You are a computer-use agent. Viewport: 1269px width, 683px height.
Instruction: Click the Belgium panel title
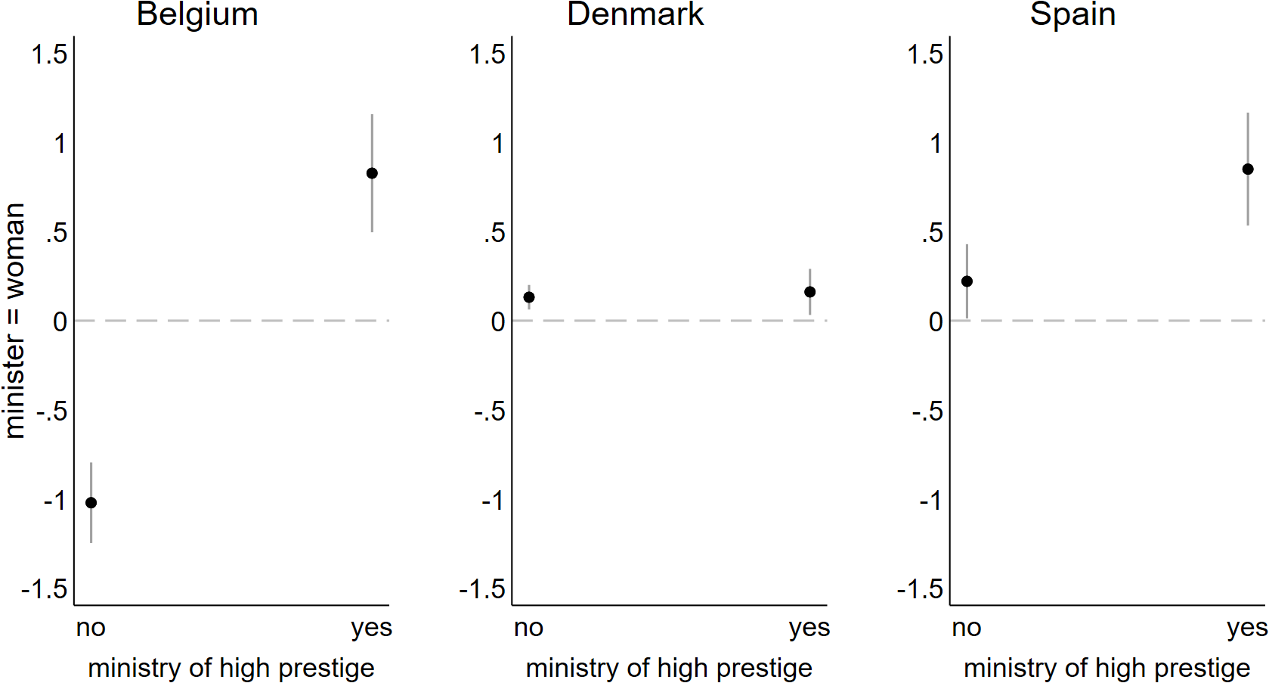point(197,15)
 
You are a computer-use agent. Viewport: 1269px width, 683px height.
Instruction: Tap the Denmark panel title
point(635,15)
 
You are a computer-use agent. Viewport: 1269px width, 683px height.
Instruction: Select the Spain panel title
point(1072,15)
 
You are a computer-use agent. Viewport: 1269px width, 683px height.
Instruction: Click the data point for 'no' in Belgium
point(91,503)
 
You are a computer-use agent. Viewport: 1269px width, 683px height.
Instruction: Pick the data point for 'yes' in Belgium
point(372,173)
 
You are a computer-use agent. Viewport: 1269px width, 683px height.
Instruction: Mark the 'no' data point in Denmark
point(529,297)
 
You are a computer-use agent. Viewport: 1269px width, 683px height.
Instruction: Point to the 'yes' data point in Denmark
point(809,292)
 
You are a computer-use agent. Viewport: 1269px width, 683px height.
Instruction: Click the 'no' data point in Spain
point(967,281)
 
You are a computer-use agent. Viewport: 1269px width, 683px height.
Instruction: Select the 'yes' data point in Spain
point(1248,169)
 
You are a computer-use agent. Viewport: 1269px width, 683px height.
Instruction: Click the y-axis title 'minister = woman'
point(15,321)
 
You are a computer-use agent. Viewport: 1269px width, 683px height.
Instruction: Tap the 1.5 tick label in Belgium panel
point(49,54)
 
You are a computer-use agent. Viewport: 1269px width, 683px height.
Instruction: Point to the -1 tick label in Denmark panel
point(493,501)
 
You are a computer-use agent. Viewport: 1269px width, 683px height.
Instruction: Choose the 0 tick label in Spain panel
point(936,322)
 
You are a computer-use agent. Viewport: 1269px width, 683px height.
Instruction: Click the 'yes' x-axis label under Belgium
point(371,628)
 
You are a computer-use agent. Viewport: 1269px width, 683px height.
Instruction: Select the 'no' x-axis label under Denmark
point(528,628)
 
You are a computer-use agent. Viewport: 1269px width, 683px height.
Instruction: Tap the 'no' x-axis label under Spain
point(966,628)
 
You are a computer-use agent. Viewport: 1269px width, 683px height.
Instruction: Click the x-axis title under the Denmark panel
point(669,669)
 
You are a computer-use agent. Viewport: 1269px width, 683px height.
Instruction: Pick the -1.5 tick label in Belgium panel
point(45,589)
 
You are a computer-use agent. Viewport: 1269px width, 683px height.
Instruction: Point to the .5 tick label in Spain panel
point(933,233)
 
